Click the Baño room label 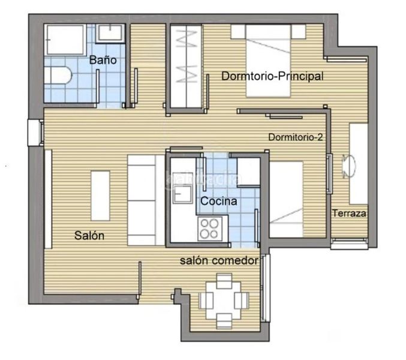(x=103, y=60)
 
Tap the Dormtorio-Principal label (x=272, y=76)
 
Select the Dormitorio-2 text (x=296, y=137)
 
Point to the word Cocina (x=218, y=201)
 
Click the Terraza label (x=349, y=213)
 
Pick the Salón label (x=89, y=235)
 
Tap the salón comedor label (x=219, y=260)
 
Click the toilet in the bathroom (x=58, y=75)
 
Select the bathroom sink (x=110, y=34)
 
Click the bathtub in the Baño (x=65, y=40)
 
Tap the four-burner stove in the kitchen (x=210, y=229)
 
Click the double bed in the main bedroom (x=268, y=61)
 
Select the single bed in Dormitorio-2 (x=286, y=199)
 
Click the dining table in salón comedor (x=224, y=301)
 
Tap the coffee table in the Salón (x=100, y=196)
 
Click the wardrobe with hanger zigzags (x=186, y=66)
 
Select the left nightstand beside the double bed (x=238, y=32)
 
